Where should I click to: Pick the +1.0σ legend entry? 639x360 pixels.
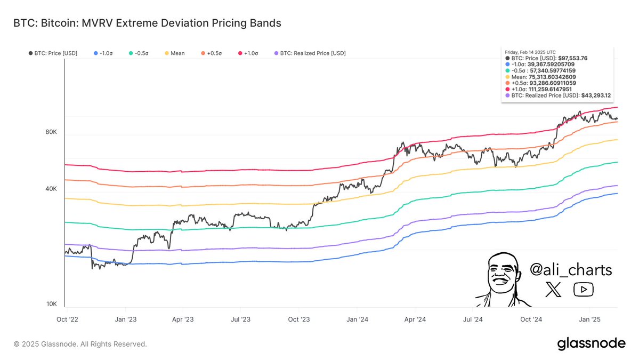248,53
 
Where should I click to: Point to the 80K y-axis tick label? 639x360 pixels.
51,132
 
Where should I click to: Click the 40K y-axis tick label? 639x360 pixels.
51,189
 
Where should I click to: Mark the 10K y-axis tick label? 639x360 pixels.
51,304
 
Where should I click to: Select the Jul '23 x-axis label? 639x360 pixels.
240,319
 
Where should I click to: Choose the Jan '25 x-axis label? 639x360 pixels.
589,319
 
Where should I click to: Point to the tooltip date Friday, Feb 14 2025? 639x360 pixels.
530,52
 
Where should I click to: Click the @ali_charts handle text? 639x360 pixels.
571,270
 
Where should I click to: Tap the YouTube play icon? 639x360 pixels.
584,290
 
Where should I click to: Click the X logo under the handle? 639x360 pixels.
554,290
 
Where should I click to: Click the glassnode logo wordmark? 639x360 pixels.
591,344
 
